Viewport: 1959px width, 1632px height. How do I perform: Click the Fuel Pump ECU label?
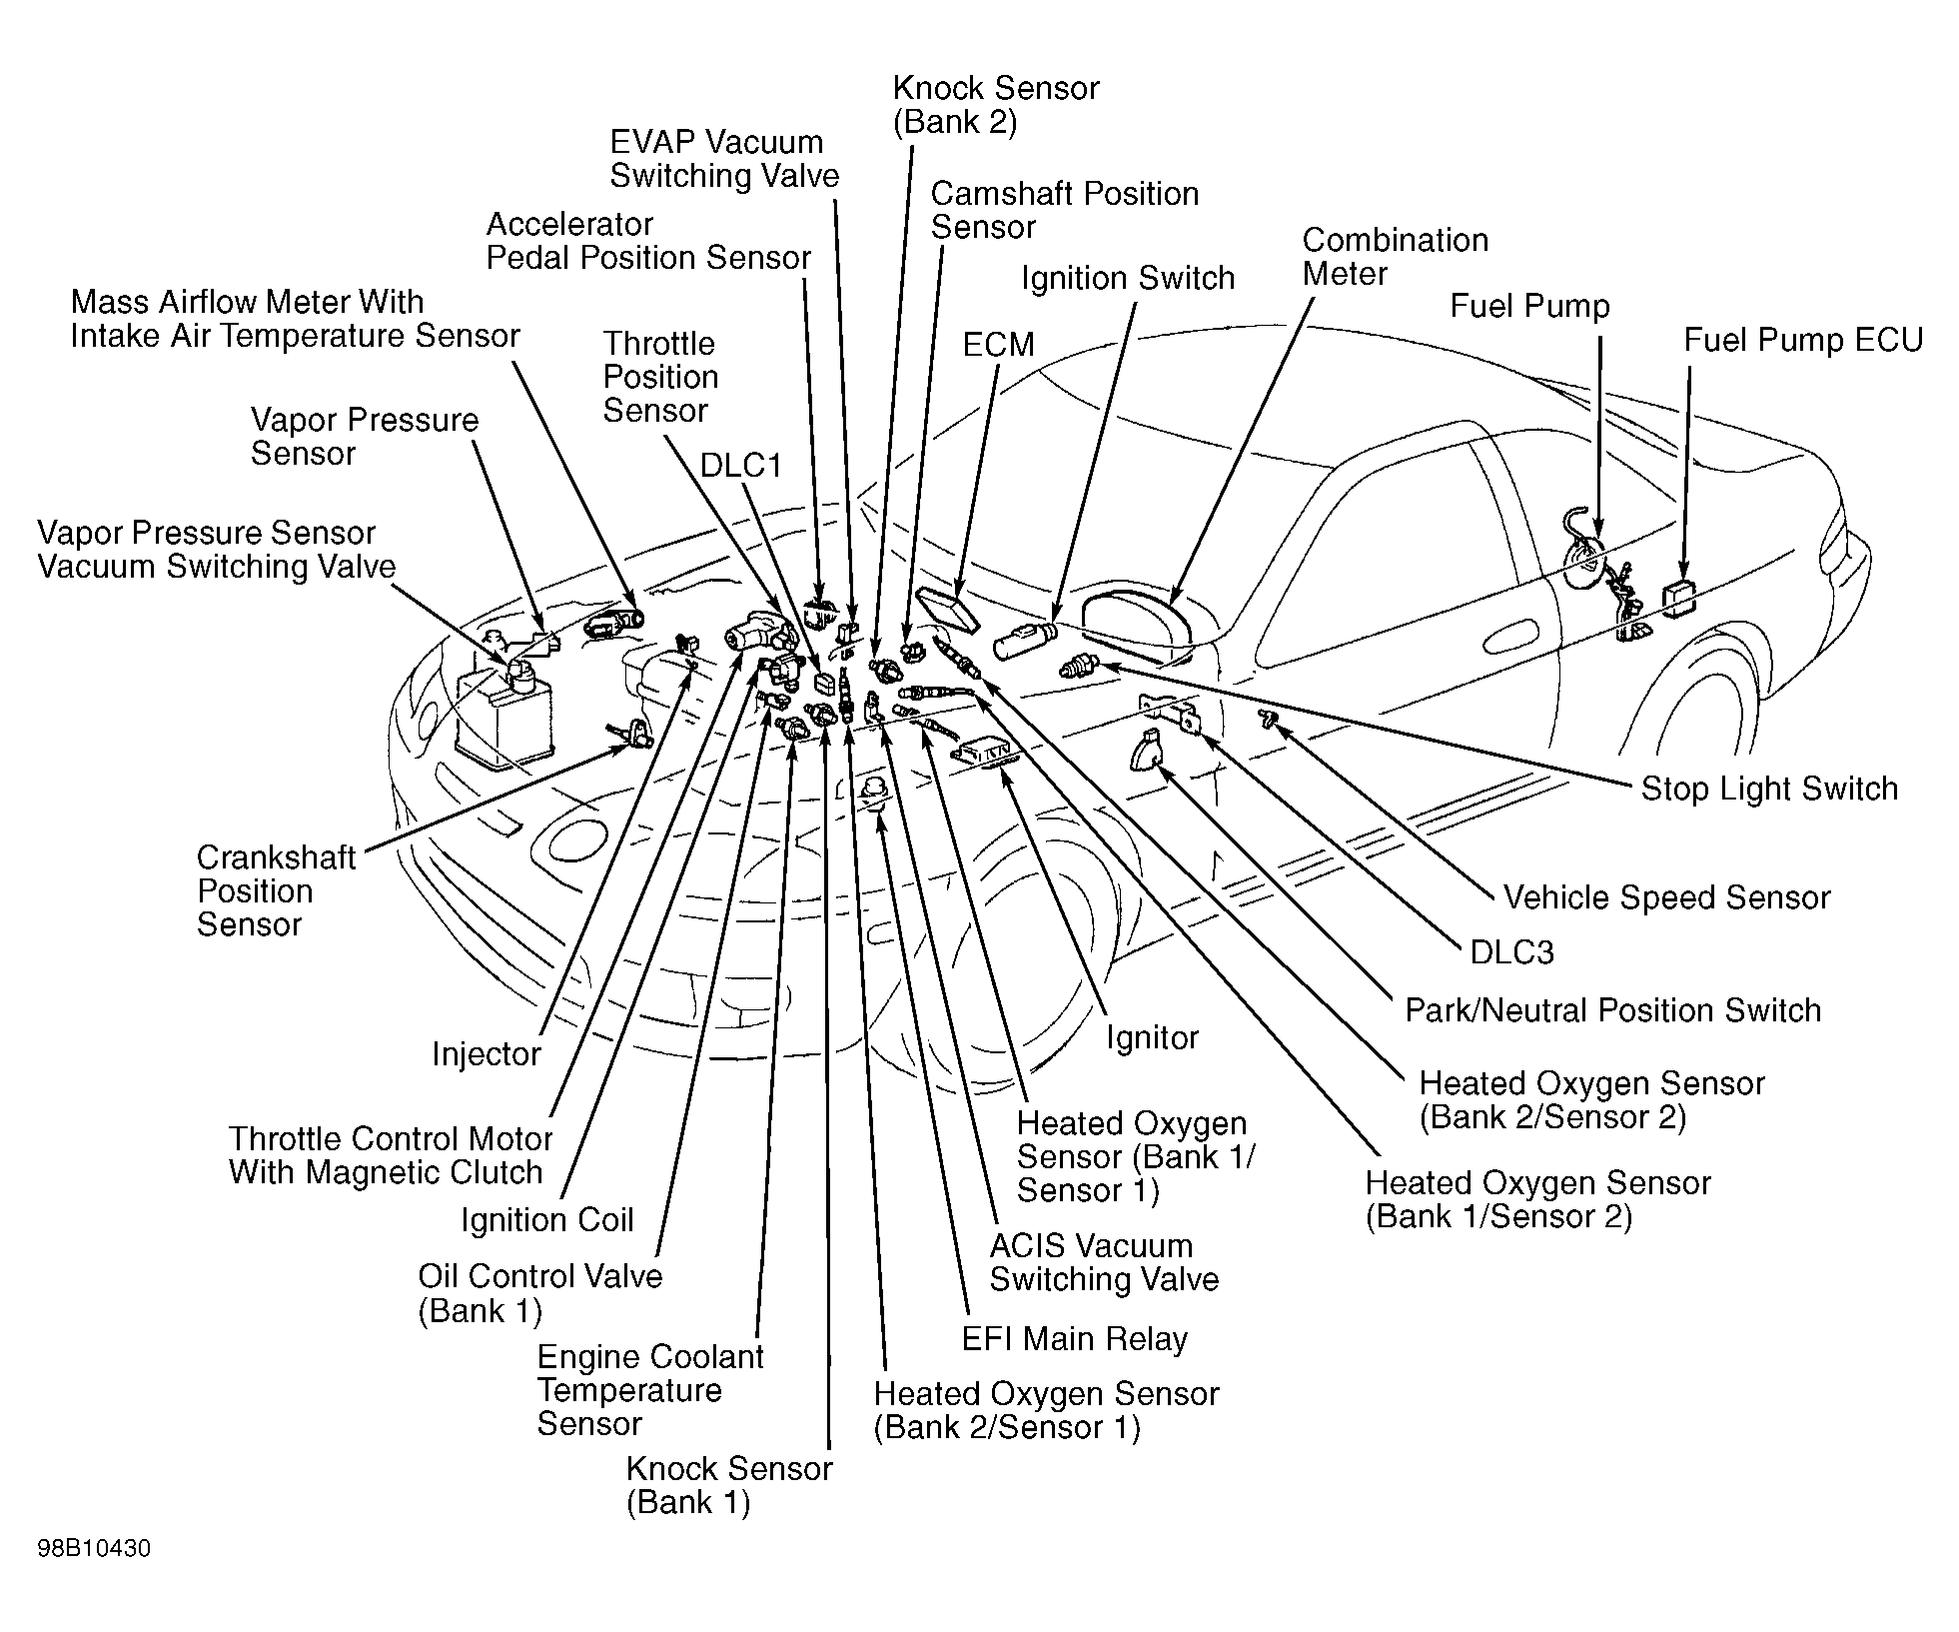pyautogui.click(x=1802, y=341)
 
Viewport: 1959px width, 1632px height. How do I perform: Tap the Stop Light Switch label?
pyautogui.click(x=1769, y=789)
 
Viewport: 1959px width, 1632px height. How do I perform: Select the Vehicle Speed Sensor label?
pyautogui.click(x=1666, y=897)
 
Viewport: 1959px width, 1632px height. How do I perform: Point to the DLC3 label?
pyautogui.click(x=1511, y=952)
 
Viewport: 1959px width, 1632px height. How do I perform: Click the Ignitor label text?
pyautogui.click(x=1151, y=1038)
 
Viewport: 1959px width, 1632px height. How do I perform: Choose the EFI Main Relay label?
pyautogui.click(x=1074, y=1339)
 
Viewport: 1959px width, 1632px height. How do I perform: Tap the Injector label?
pyautogui.click(x=486, y=1054)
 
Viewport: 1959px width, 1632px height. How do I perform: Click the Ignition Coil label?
pyautogui.click(x=547, y=1220)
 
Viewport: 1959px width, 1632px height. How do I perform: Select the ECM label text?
pyautogui.click(x=998, y=345)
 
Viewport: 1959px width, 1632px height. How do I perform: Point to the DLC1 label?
pyautogui.click(x=740, y=466)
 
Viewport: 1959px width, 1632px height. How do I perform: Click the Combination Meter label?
pyautogui.click(x=1395, y=257)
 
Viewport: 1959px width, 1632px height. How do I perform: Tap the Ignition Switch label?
pyautogui.click(x=1128, y=278)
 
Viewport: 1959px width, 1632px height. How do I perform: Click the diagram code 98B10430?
pyautogui.click(x=94, y=1549)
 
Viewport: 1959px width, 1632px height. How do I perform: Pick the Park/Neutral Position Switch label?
pyautogui.click(x=1612, y=1010)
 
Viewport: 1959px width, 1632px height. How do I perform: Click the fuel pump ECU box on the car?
pyautogui.click(x=1679, y=596)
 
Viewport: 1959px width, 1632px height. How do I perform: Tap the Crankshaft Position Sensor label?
pyautogui.click(x=276, y=890)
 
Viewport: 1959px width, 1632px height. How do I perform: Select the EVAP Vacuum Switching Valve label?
pyautogui.click(x=724, y=159)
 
